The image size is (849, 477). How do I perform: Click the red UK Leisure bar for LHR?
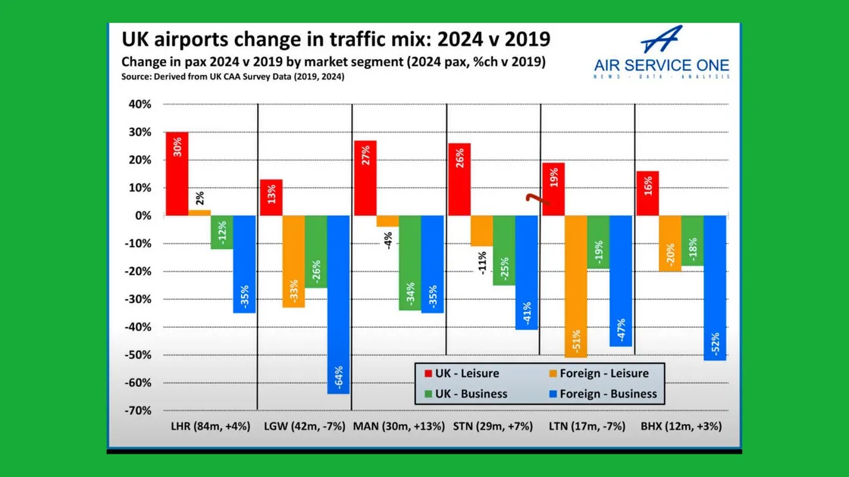(x=177, y=173)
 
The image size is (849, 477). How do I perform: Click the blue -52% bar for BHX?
(x=715, y=288)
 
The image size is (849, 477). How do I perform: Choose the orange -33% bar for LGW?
(x=293, y=261)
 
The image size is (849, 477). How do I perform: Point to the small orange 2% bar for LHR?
(x=199, y=213)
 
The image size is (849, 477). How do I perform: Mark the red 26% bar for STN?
(x=459, y=179)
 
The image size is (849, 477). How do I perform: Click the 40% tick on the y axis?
(x=139, y=104)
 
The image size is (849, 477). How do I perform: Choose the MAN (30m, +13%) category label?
(x=398, y=426)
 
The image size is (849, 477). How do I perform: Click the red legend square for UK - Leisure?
(x=428, y=373)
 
